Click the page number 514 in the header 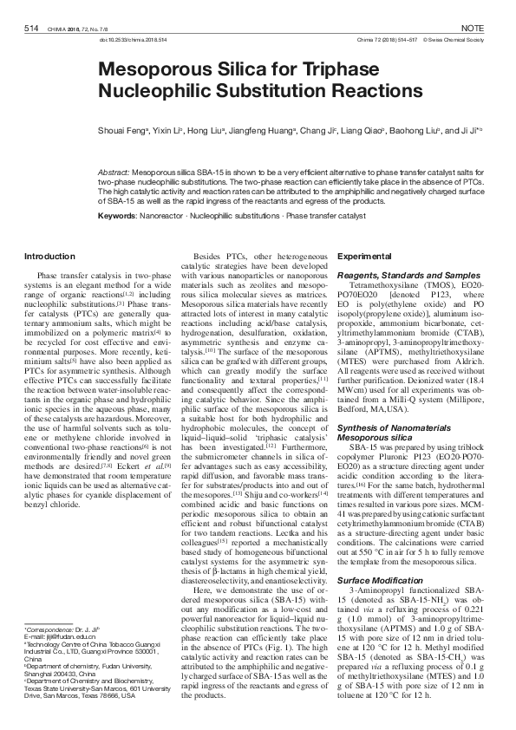click(x=32, y=29)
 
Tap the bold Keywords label click(x=117, y=214)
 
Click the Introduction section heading click(x=49, y=257)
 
